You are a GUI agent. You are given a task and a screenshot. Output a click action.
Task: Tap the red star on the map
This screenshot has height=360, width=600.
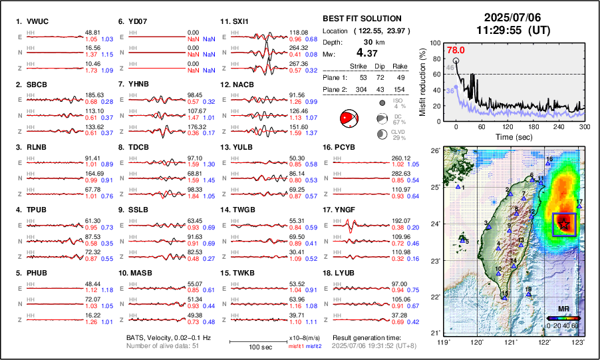point(564,224)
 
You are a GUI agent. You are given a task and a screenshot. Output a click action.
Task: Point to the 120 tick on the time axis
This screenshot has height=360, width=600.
point(507,126)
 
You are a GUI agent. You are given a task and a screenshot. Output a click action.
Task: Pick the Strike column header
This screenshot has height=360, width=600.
point(359,66)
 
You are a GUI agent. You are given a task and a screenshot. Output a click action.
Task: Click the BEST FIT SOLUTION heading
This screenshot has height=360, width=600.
point(361,19)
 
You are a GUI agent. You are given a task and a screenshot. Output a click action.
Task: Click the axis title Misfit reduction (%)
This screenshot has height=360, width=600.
point(424,82)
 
